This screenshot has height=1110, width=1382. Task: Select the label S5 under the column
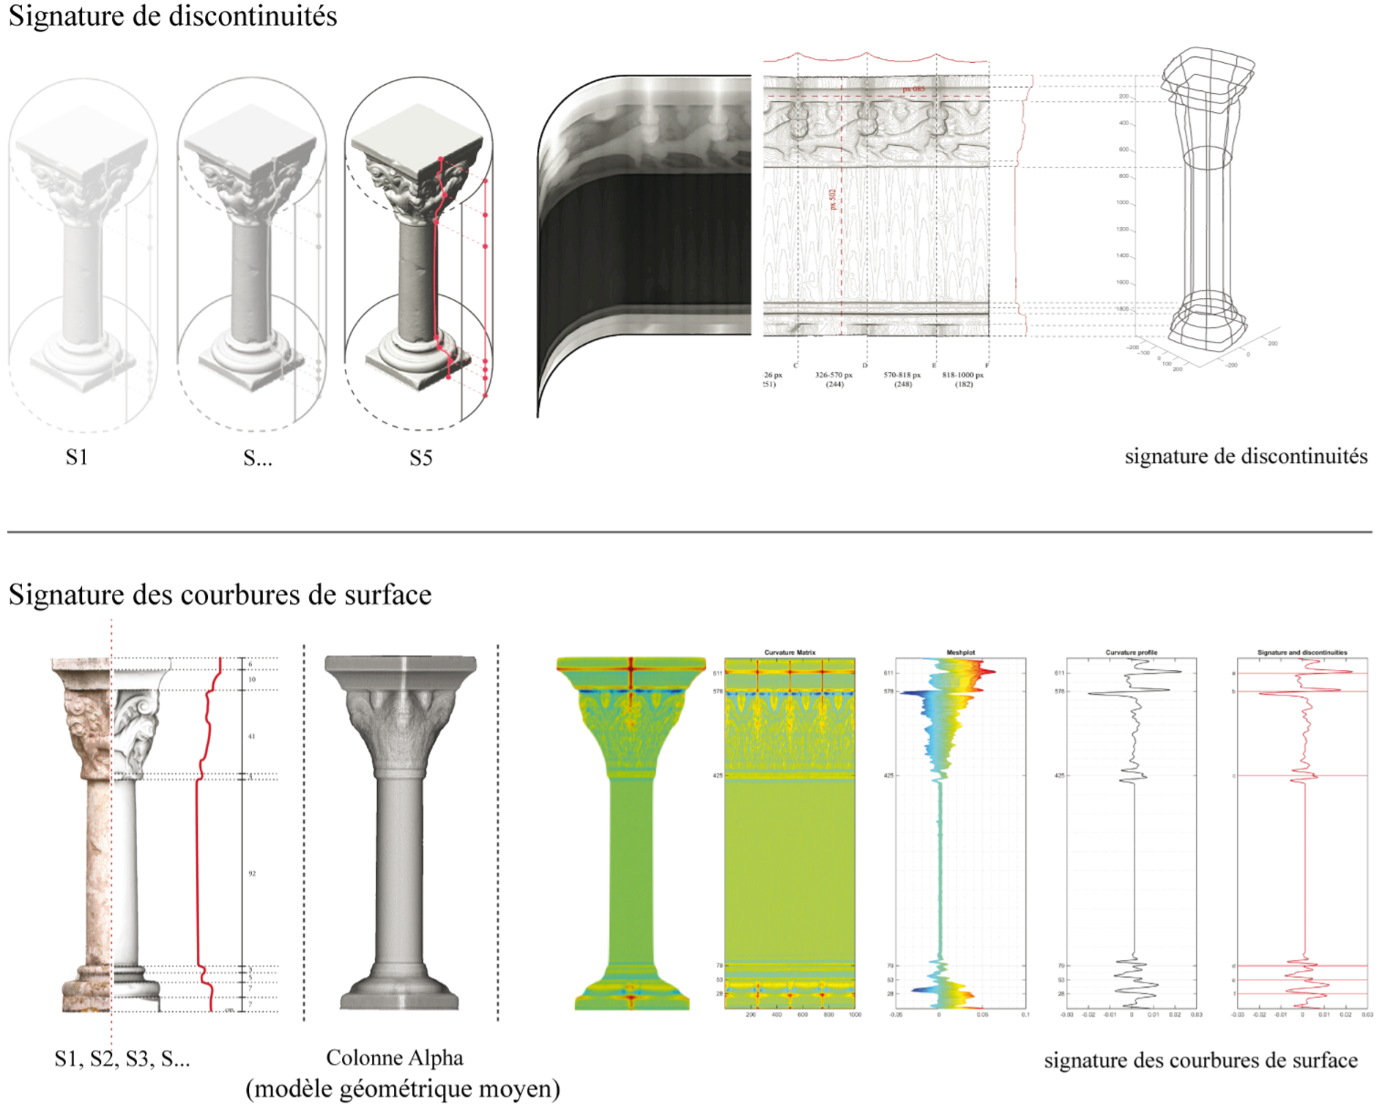click(420, 458)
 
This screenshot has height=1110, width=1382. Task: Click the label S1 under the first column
click(76, 458)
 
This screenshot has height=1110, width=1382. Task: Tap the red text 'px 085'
click(913, 89)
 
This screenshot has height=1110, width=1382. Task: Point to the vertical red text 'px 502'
click(833, 200)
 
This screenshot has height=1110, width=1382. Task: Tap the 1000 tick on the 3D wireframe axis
click(1122, 203)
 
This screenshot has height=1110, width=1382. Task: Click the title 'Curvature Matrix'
click(790, 652)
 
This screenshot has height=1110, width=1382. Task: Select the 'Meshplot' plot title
click(960, 652)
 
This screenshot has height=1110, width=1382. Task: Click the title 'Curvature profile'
click(1131, 652)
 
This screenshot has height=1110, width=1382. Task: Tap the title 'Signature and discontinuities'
click(1301, 652)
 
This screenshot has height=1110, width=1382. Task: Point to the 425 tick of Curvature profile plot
click(1060, 775)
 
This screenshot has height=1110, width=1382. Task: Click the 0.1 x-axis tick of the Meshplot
click(1025, 1015)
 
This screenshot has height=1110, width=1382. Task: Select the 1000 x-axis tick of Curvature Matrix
click(854, 1015)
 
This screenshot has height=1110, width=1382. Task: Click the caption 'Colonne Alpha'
click(394, 1058)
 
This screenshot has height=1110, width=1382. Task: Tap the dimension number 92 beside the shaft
click(252, 874)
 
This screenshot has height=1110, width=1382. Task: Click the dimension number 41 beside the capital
click(252, 737)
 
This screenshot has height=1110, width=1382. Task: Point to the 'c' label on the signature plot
click(1234, 776)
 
